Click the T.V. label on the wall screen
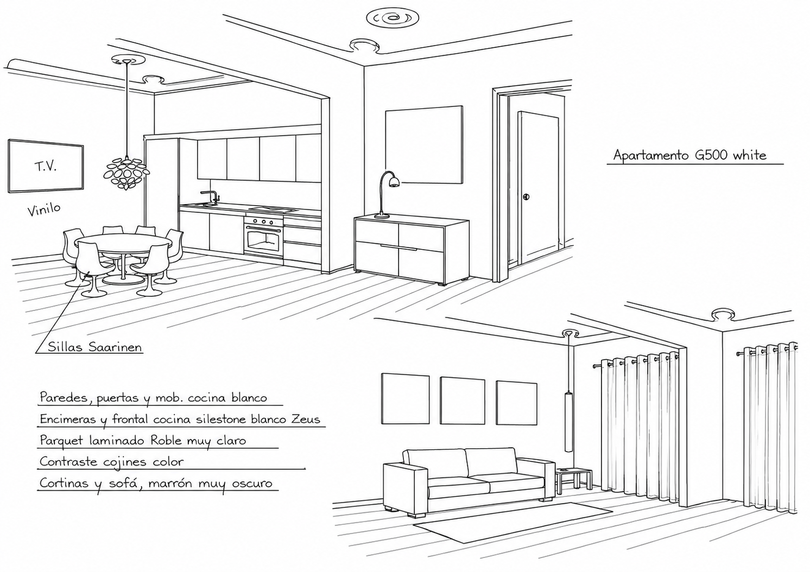tap(46, 167)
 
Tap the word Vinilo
tap(44, 209)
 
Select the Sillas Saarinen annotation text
tap(95, 347)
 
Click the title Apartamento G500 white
tap(689, 155)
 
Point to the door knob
tap(526, 196)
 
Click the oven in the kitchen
tap(263, 236)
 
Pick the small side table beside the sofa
tap(574, 480)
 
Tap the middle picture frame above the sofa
tap(463, 401)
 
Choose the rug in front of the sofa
tap(512, 523)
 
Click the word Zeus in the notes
tap(306, 419)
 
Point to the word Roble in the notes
tap(167, 440)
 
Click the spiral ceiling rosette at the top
tap(393, 18)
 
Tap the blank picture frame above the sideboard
tap(424, 144)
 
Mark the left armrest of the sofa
tap(406, 488)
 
